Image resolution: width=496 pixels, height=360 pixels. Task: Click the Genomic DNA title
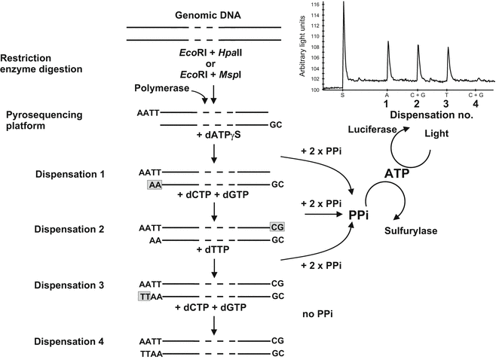[x=204, y=15]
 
